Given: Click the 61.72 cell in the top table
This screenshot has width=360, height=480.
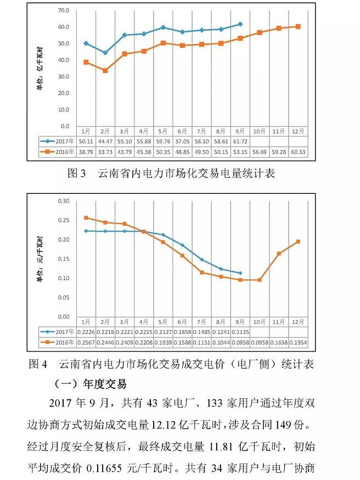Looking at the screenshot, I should [240, 142].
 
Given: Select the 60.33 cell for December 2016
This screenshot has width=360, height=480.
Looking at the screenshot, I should [298, 152].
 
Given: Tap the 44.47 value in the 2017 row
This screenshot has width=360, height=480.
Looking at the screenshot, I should [105, 142].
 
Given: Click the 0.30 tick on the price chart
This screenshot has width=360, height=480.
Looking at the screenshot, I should [63, 201].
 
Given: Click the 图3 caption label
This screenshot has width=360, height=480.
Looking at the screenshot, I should [77, 174].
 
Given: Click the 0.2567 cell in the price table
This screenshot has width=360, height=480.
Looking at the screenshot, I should [86, 343].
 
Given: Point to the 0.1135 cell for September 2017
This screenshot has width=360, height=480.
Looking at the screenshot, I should [240, 332].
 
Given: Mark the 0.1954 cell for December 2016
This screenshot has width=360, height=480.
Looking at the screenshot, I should [298, 343].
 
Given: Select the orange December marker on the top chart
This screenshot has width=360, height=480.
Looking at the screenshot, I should [298, 26].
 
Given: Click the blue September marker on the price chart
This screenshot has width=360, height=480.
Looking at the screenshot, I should [240, 273].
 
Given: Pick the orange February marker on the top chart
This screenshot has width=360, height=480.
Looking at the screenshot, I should [105, 70].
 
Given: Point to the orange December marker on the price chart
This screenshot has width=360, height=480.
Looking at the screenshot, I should [298, 242].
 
